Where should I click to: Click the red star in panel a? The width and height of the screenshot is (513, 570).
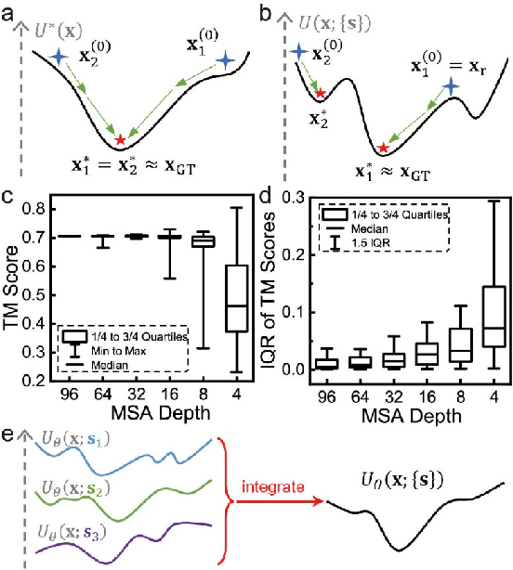point(119,139)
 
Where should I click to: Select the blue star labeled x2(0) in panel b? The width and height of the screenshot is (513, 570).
point(300,55)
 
